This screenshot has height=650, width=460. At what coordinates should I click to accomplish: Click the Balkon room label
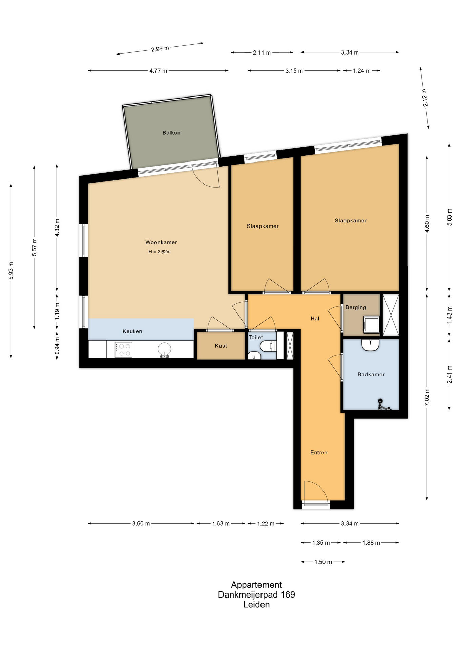coord(171,133)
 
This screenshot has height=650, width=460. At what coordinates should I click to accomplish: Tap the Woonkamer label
coord(161,242)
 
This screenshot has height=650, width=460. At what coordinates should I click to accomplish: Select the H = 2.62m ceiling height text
coord(160,252)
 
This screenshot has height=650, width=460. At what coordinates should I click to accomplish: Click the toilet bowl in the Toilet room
coord(268,346)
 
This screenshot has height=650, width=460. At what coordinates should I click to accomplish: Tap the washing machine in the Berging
coord(371,324)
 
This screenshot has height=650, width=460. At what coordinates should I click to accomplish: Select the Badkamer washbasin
coord(370,345)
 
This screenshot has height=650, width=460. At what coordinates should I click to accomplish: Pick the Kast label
coord(221,346)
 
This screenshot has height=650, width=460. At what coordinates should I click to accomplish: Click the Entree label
coord(319,452)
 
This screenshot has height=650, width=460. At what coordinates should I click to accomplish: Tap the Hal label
coord(315,318)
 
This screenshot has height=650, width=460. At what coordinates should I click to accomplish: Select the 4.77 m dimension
coord(158,71)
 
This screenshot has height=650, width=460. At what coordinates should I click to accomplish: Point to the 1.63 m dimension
coord(221,523)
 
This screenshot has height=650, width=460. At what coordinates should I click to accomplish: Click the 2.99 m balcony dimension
coord(160,49)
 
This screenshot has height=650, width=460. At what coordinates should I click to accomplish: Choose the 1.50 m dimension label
coord(323,562)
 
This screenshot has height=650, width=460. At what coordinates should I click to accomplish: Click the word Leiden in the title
coord(256,604)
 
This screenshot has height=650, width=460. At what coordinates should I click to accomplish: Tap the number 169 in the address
coord(288,594)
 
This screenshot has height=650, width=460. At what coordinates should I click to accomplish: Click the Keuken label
coord(132,331)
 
